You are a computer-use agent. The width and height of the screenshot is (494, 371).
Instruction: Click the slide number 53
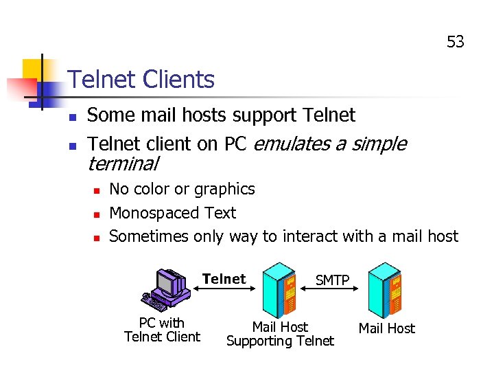456,42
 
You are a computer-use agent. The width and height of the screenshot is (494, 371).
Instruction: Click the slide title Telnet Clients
141,80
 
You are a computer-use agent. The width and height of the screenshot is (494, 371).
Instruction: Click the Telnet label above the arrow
224,278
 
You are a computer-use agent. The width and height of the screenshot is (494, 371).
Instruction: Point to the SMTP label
332,280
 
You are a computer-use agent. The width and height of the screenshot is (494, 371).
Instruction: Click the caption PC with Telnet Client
162,330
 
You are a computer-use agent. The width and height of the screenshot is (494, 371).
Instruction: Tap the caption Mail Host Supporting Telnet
280,334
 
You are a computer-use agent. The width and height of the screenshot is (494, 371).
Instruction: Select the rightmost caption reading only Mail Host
387,328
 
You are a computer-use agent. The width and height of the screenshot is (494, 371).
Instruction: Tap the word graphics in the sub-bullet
224,189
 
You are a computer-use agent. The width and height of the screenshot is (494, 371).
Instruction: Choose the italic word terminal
123,164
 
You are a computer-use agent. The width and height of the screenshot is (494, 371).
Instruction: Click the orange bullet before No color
97,190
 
